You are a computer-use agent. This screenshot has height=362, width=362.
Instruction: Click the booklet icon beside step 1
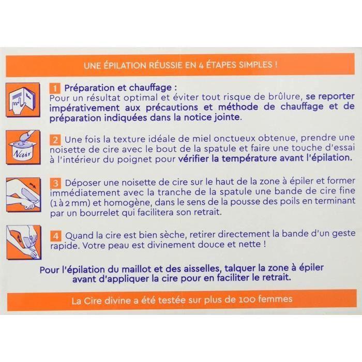click(x=24, y=99)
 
